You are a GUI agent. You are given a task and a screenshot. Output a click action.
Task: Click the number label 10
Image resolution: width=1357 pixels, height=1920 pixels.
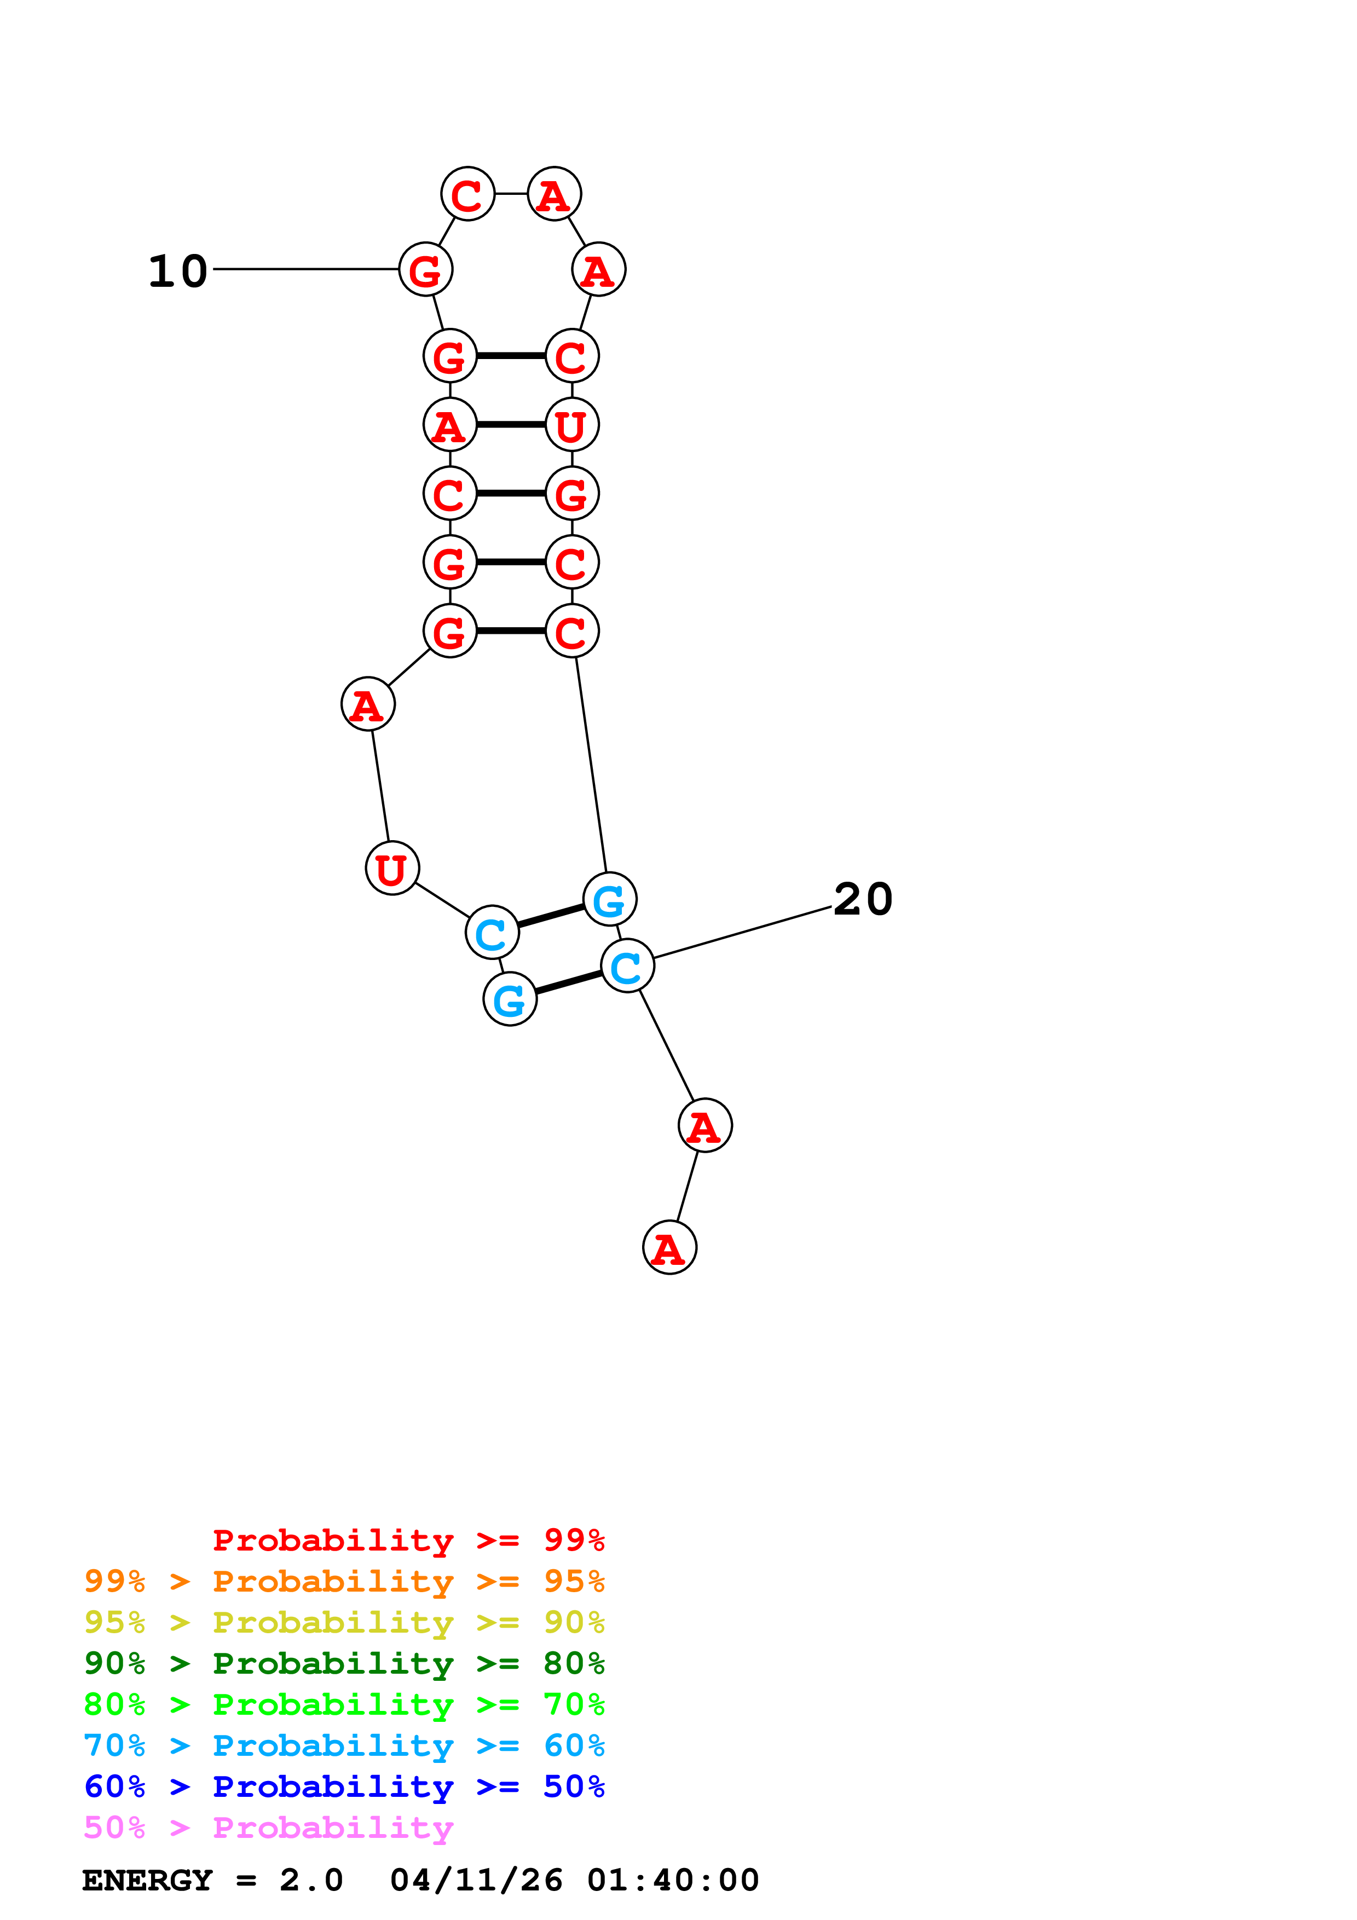[x=178, y=272]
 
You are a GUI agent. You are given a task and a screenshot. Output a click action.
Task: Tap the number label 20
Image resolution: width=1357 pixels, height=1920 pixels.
[x=863, y=900]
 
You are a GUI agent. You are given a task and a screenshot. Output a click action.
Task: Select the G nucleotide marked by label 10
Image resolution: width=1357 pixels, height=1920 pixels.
[x=425, y=269]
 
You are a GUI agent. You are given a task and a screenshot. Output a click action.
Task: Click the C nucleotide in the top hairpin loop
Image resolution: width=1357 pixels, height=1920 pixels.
[x=467, y=194]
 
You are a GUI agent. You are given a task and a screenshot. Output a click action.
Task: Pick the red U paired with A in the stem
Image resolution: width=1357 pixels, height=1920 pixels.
[x=572, y=425]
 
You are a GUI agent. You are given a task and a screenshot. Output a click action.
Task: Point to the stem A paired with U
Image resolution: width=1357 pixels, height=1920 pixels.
[x=450, y=425]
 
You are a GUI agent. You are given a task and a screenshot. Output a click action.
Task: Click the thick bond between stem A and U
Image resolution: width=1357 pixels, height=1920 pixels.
[x=511, y=425]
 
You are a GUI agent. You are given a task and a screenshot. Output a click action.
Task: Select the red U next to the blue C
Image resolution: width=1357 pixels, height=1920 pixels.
[x=392, y=868]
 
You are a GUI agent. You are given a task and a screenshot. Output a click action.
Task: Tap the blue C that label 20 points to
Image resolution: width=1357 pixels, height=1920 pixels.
[x=627, y=966]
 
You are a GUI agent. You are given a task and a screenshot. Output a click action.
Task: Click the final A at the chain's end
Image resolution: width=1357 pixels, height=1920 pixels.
[x=669, y=1248]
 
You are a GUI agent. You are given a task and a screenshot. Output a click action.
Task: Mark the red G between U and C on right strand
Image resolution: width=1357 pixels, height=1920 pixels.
[x=572, y=493]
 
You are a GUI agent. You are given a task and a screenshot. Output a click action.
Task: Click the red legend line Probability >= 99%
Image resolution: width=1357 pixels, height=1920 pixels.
[x=408, y=1540]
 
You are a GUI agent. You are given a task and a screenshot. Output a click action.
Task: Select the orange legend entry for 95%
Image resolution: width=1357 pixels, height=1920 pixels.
[x=344, y=1581]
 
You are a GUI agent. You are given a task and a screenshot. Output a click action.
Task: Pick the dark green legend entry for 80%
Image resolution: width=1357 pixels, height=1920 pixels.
[x=344, y=1663]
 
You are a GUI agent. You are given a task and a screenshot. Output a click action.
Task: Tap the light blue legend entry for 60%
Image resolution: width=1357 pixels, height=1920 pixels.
[x=344, y=1745]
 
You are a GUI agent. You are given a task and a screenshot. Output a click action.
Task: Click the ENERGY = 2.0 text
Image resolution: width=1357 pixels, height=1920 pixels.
[x=212, y=1880]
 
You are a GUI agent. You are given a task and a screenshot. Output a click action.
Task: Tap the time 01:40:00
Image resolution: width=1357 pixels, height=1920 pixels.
[x=673, y=1880]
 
